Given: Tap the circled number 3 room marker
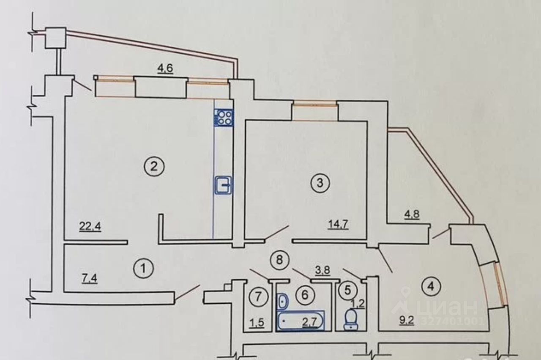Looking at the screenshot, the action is pyautogui.click(x=320, y=183).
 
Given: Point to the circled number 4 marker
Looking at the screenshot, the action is pyautogui.click(x=431, y=286).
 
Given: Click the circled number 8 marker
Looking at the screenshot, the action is pyautogui.click(x=279, y=258).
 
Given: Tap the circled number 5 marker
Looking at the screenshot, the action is pyautogui.click(x=348, y=290).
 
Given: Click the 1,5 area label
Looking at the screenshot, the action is pyautogui.click(x=257, y=323).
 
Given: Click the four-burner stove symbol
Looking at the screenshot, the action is pyautogui.click(x=224, y=117).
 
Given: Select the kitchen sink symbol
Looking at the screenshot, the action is pyautogui.click(x=223, y=185).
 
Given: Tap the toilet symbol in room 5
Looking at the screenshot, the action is pyautogui.click(x=350, y=319).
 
